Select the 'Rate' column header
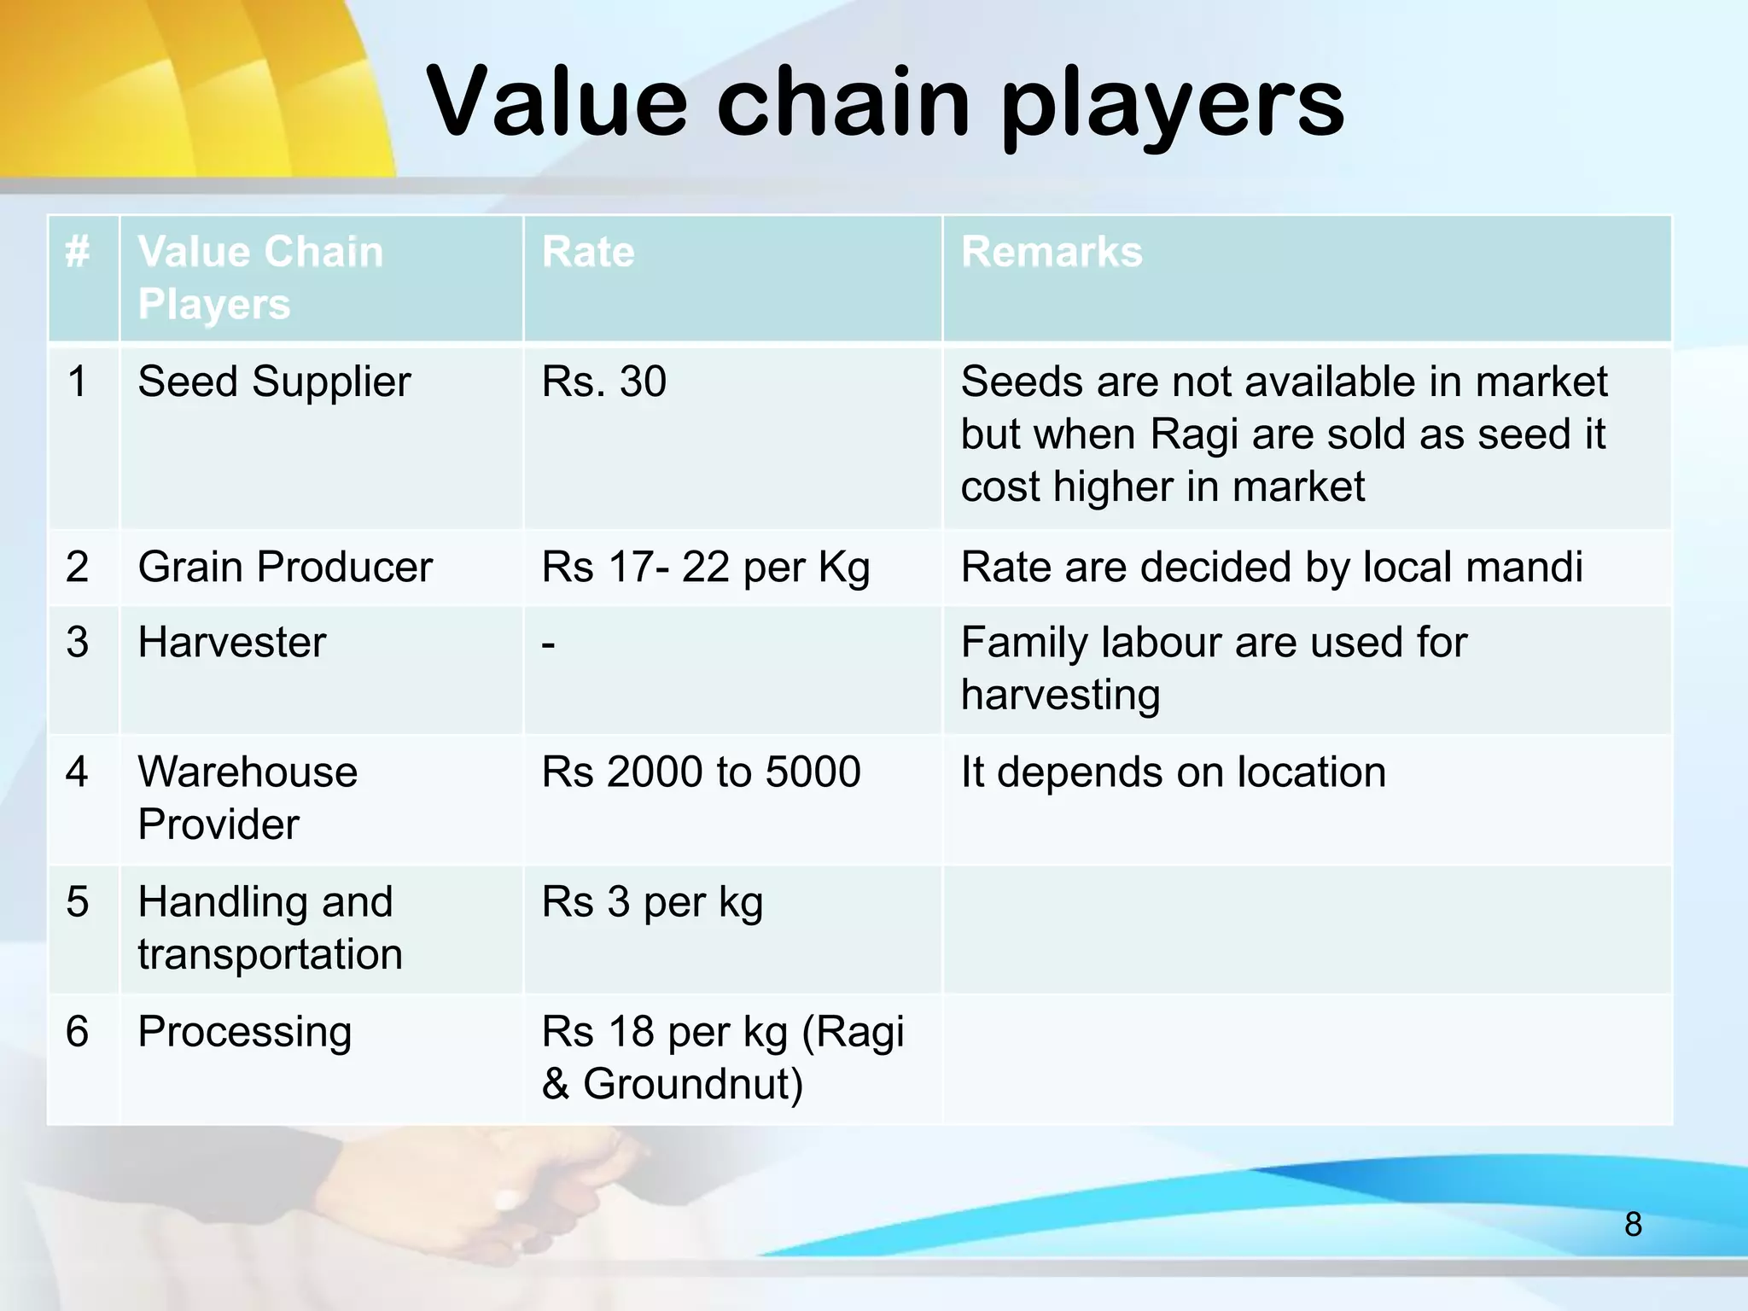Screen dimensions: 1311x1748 click(x=588, y=253)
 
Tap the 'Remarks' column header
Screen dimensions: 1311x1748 click(x=1052, y=253)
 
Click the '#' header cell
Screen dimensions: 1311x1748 click(x=78, y=253)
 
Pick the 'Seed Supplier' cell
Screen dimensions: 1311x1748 click(x=274, y=382)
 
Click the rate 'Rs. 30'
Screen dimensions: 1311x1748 click(x=603, y=382)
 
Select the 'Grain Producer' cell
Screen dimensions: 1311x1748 click(x=285, y=567)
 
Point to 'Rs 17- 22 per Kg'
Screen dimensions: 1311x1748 click(x=705, y=568)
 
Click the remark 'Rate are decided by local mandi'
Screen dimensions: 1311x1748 click(x=1272, y=567)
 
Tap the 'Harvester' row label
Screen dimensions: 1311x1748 click(x=232, y=642)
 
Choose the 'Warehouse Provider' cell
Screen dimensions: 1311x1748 click(x=248, y=797)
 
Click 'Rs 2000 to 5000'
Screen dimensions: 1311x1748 click(x=701, y=772)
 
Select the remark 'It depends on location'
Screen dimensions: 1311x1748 click(x=1173, y=772)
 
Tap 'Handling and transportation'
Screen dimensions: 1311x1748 click(x=270, y=927)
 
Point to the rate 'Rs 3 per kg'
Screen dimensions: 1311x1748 click(x=652, y=903)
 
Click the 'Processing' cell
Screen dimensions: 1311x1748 click(x=245, y=1032)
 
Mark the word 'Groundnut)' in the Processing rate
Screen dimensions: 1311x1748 click(x=692, y=1084)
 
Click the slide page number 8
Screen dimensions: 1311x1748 click(x=1633, y=1224)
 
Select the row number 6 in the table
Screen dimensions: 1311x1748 click(x=78, y=1031)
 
